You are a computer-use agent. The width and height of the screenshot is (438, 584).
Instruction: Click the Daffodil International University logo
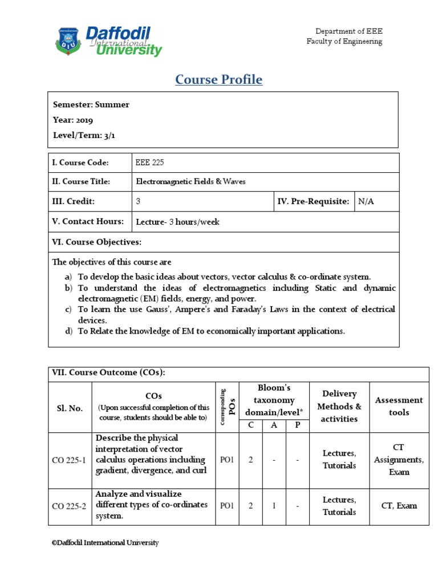[x=108, y=41]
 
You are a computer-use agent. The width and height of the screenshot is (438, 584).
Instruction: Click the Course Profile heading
[x=218, y=80]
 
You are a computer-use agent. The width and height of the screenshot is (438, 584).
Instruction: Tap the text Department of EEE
[x=349, y=31]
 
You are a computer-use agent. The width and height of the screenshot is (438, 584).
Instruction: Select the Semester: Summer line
[x=91, y=104]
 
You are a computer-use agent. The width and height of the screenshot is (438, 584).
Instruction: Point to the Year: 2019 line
[x=73, y=120]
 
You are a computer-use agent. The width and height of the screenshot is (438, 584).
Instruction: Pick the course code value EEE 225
[x=150, y=163]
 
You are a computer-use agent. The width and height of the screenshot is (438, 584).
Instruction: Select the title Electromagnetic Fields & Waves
[x=190, y=182]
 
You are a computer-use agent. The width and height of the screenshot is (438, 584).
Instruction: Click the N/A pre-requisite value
[x=366, y=201]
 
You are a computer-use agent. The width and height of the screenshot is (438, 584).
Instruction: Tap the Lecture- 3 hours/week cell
[x=177, y=222]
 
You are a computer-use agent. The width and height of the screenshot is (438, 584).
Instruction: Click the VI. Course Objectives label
[x=96, y=242]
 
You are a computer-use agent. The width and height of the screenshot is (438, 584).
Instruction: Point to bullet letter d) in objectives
[x=68, y=331]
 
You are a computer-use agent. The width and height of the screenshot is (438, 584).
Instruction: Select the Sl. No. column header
[x=70, y=408]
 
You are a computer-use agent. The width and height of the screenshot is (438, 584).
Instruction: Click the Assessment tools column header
[x=399, y=406]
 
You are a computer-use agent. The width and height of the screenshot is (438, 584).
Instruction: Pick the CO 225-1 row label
[x=70, y=460]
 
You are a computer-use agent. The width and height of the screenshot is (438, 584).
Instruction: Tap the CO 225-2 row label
[x=70, y=506]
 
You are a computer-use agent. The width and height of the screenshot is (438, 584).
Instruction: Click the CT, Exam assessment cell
[x=399, y=505]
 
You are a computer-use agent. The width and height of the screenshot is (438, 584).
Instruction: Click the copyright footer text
[x=106, y=543]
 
